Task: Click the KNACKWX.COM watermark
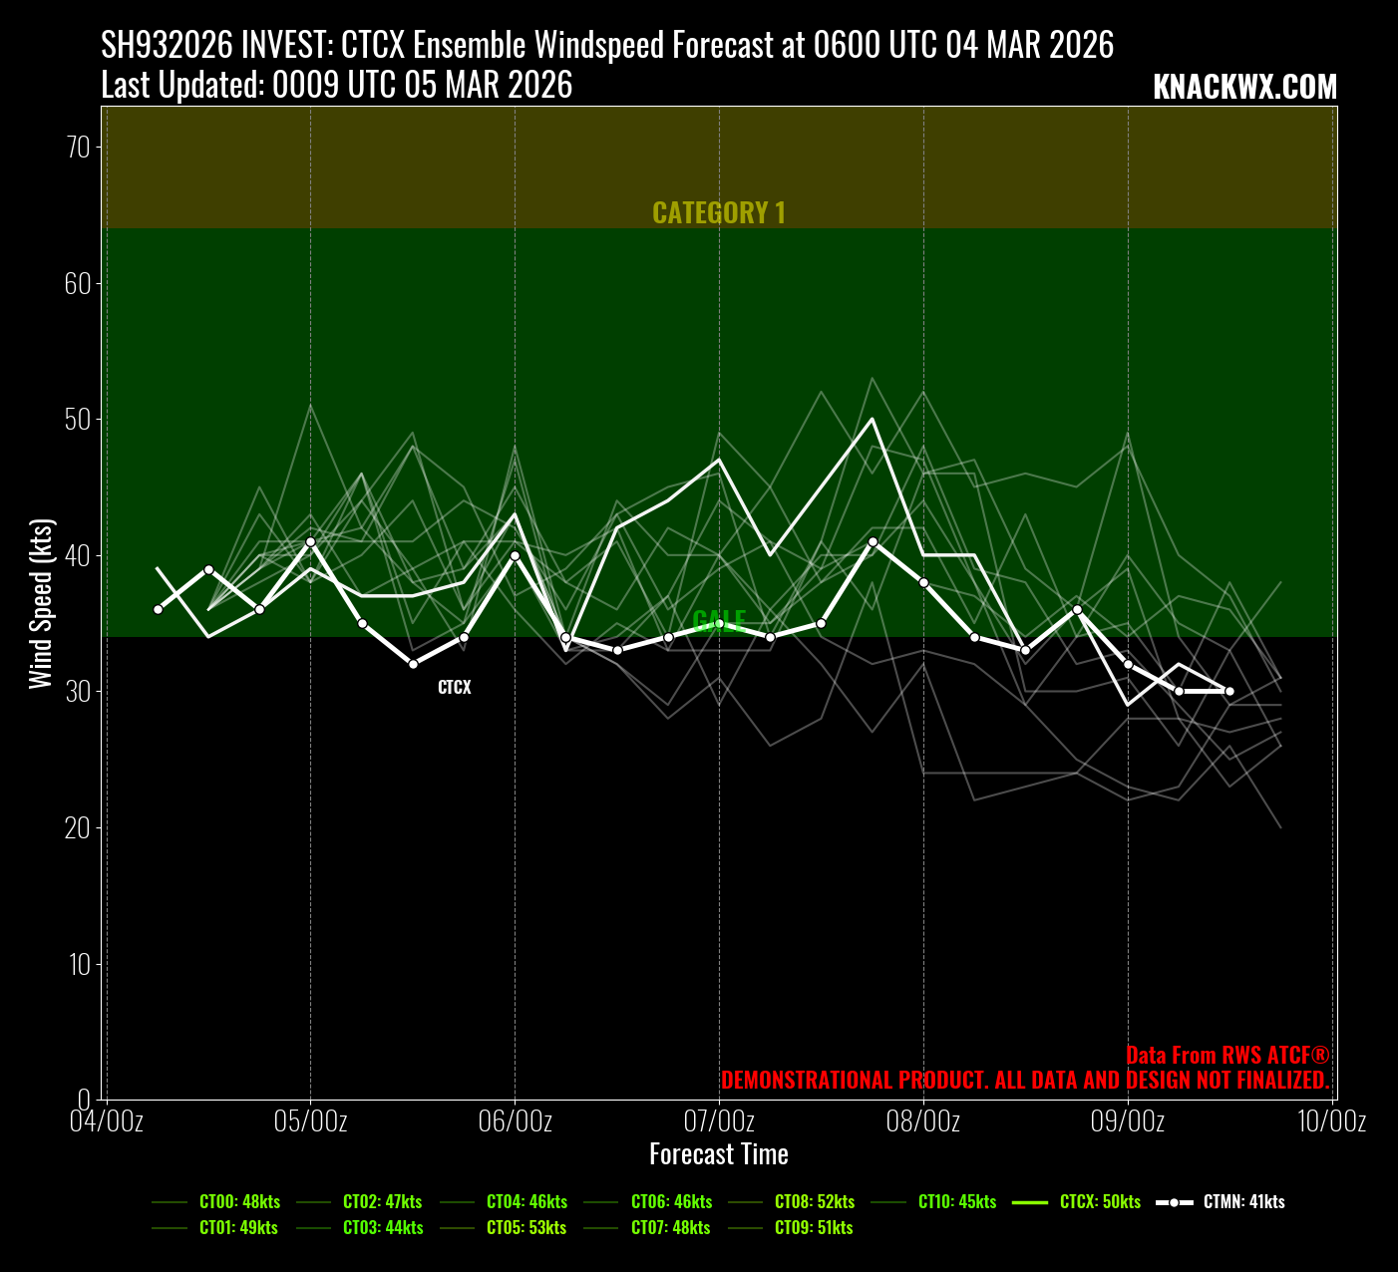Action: click(1244, 88)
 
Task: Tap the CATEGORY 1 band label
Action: click(719, 212)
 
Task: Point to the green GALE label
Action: click(719, 621)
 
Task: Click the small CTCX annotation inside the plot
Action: click(455, 688)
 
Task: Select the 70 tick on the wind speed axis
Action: click(78, 148)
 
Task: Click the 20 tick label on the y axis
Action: click(78, 827)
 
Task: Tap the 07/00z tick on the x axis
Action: click(719, 1121)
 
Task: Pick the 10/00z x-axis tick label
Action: click(1331, 1121)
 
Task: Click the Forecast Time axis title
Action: click(719, 1154)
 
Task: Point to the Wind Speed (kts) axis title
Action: click(40, 603)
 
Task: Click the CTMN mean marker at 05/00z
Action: click(310, 541)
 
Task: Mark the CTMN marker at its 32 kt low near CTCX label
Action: click(413, 664)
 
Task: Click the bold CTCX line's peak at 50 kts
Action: click(873, 419)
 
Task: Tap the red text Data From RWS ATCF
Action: click(1227, 1056)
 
